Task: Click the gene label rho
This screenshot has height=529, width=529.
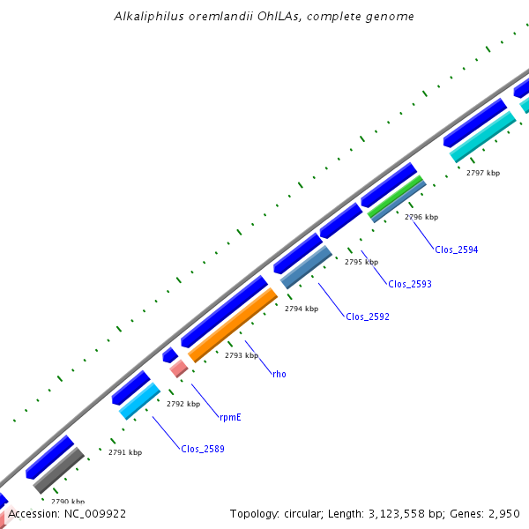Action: coord(279,374)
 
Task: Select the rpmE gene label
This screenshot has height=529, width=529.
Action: coord(230,417)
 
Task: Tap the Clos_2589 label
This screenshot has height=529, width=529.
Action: coord(203,449)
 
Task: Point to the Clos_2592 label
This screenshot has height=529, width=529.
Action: coord(367,317)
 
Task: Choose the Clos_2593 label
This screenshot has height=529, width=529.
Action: coord(409,284)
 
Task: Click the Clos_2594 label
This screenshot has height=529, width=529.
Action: coord(456,250)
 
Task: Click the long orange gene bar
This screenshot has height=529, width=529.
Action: coord(233,325)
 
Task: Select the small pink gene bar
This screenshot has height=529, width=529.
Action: coord(178,369)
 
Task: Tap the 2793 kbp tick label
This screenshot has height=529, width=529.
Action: coord(242,355)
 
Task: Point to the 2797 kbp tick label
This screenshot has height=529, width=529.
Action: coord(483,173)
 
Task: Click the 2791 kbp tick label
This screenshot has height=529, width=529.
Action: coord(125,452)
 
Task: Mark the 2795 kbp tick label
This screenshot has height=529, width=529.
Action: coord(361,262)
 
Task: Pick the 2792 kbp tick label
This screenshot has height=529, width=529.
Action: coord(183,404)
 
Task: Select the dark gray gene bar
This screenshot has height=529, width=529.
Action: coord(58,471)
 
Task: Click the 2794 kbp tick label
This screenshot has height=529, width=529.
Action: coord(302,309)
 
